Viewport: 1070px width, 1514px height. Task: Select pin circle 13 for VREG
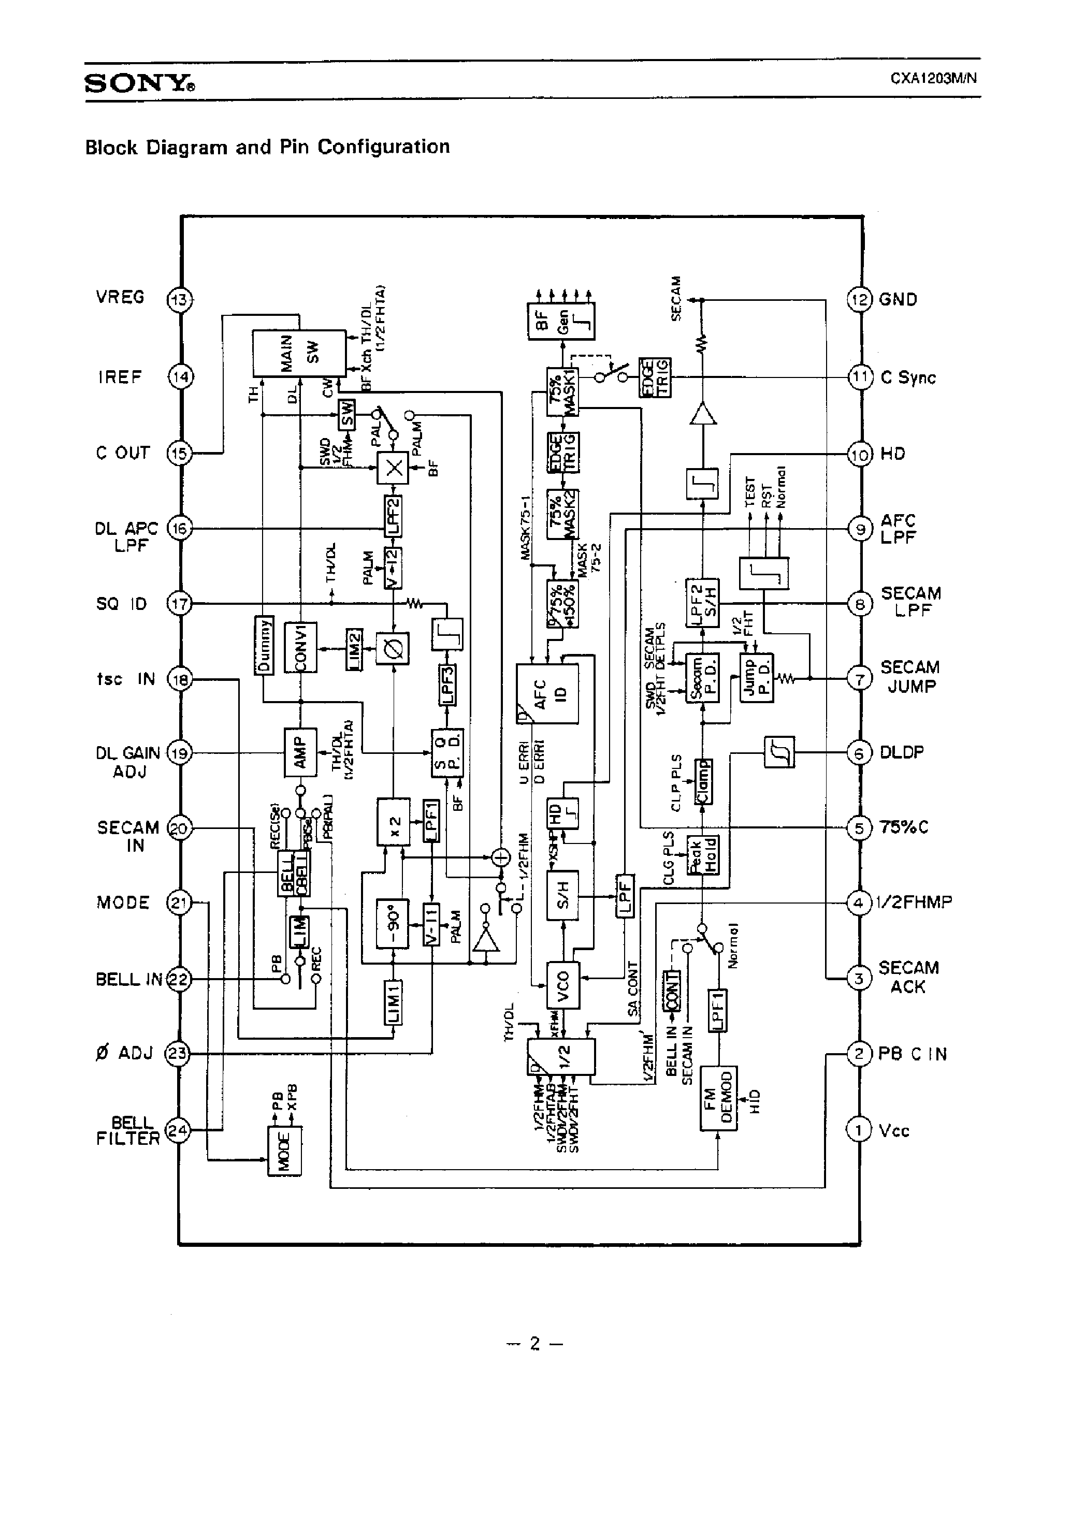[179, 300]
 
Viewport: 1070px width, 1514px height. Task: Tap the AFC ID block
[547, 694]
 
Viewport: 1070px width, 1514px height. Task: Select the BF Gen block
[561, 321]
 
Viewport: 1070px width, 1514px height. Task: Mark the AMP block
[300, 752]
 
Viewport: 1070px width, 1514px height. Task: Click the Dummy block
[264, 646]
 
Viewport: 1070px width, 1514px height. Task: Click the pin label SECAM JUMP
[910, 677]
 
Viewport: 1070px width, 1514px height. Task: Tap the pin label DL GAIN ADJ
[128, 762]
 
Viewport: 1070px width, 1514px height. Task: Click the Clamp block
[703, 782]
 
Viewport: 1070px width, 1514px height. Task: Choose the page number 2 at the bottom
[535, 1343]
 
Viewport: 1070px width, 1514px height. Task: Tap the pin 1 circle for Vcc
[858, 1131]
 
